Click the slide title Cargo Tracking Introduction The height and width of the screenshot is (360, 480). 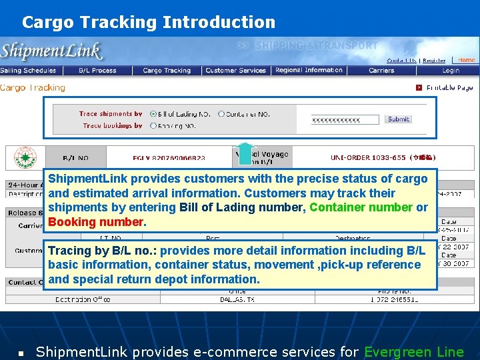(x=148, y=22)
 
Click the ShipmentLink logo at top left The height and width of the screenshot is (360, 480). (x=51, y=51)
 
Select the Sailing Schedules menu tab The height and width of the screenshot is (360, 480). (x=28, y=70)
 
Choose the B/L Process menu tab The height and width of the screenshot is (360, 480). (x=97, y=70)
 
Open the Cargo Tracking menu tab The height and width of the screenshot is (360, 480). (x=167, y=70)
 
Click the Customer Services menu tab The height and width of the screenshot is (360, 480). (x=235, y=70)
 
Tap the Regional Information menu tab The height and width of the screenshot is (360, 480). (x=309, y=70)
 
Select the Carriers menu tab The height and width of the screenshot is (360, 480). (x=381, y=70)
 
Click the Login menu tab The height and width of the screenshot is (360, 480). (x=451, y=70)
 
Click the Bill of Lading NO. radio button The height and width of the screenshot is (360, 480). (x=154, y=114)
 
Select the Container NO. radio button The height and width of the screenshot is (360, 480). (x=221, y=114)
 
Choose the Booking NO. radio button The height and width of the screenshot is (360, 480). (x=154, y=125)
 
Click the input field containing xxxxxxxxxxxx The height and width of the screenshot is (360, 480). (x=345, y=119)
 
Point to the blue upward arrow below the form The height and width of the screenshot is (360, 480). (x=245, y=153)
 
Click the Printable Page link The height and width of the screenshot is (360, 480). (x=449, y=87)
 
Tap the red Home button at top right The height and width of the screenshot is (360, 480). (x=467, y=60)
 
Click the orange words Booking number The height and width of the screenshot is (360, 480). (x=96, y=222)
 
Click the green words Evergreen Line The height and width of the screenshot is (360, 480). (x=413, y=351)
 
